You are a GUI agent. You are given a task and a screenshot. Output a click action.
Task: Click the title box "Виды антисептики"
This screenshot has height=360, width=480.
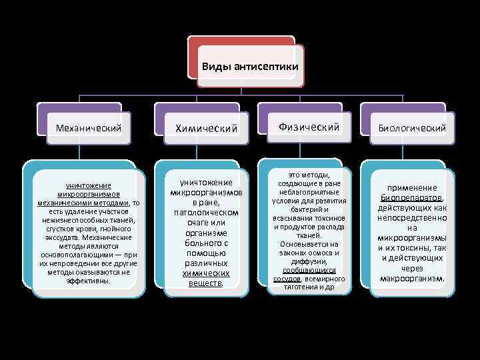[x=249, y=67]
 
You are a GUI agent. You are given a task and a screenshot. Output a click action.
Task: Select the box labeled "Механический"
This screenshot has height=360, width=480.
[x=89, y=127]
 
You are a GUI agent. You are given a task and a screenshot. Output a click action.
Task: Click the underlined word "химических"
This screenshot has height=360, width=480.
[x=206, y=273]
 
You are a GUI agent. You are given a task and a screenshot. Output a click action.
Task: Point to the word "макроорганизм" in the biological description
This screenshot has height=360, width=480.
[x=412, y=278]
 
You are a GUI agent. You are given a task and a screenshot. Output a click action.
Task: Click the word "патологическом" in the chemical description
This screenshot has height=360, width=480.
[x=206, y=211]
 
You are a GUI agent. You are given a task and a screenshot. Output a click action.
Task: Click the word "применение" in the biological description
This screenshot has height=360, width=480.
[x=413, y=188]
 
